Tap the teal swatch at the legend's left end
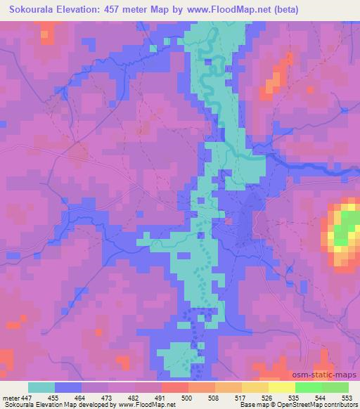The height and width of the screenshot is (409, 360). (41, 387)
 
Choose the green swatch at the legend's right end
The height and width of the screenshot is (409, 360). (335, 387)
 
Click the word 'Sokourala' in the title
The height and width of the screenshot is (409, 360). (32, 10)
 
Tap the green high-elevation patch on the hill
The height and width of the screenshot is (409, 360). (344, 228)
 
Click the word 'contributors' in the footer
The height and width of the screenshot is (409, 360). (340, 405)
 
